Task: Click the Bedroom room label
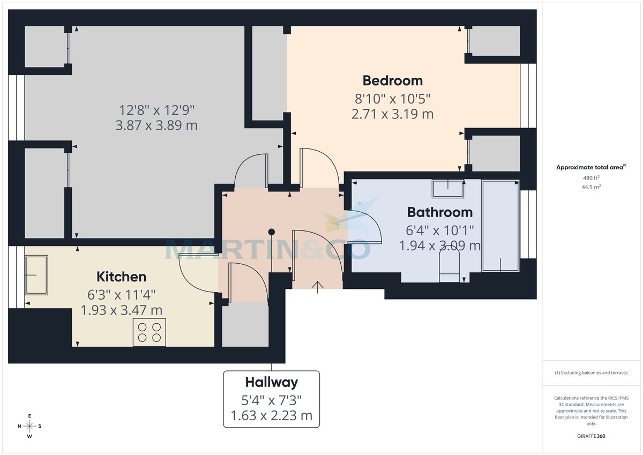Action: (392, 80)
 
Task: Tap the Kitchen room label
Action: (121, 277)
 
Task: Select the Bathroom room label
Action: (439, 212)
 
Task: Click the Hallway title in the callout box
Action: (271, 382)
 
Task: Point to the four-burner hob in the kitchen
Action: (149, 332)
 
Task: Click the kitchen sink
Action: (36, 275)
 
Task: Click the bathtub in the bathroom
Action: (500, 226)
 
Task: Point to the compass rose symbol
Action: (30, 426)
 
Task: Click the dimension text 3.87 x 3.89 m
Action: (156, 125)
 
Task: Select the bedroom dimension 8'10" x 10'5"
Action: (392, 99)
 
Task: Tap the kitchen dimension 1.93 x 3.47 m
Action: (121, 310)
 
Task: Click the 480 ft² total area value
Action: (591, 178)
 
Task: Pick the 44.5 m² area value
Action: (591, 187)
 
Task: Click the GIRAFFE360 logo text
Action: (591, 436)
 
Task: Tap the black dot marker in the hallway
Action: (272, 232)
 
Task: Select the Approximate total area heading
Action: (590, 168)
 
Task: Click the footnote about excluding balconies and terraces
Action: (591, 372)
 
